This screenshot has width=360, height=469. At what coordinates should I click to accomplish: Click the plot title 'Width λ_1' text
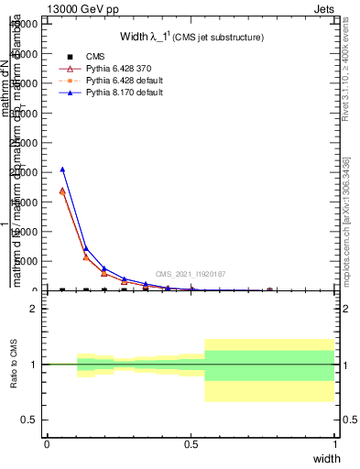tap(192, 37)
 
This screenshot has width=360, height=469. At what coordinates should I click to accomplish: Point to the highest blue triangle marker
tap(62, 169)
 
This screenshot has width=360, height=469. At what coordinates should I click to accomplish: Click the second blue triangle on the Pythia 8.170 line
tap(85, 248)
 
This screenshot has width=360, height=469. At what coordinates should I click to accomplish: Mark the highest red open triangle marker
tap(62, 191)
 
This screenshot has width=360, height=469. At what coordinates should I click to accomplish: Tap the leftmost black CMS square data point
tap(62, 290)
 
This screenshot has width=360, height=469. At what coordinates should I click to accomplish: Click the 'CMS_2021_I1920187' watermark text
tap(190, 274)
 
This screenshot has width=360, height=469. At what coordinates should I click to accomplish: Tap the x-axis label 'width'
tap(326, 457)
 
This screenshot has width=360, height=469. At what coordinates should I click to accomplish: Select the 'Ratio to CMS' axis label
tap(14, 365)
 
